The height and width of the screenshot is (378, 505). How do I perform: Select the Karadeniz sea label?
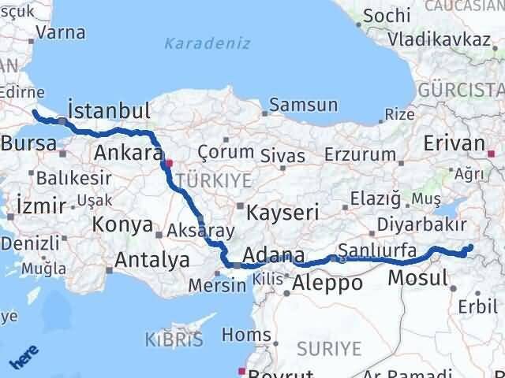[207, 43]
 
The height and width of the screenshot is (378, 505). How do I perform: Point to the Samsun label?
[304, 105]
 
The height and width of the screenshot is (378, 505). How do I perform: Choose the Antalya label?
[152, 259]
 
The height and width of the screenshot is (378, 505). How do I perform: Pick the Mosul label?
[417, 277]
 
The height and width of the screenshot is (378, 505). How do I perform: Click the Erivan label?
[453, 143]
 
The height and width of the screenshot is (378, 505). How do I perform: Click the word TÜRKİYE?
[215, 180]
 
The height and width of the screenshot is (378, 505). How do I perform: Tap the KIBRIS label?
[174, 340]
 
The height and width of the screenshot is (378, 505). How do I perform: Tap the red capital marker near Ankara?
[167, 165]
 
